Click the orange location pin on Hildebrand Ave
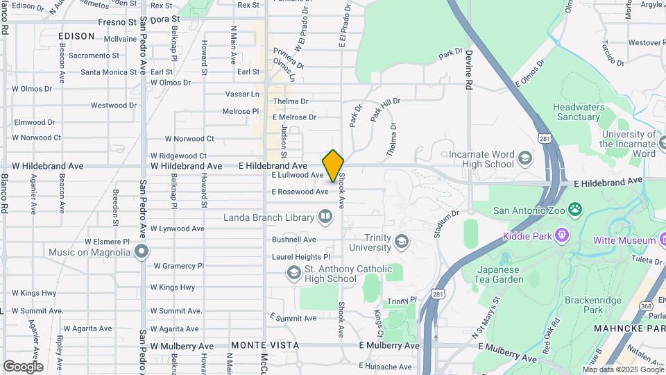[x=333, y=165]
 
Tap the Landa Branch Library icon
[x=324, y=218]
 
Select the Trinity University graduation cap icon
[x=401, y=242]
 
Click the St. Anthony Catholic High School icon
[x=293, y=274]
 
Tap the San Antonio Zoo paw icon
[x=574, y=209]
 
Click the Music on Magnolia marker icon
[x=142, y=251]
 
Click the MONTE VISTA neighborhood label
[x=265, y=345]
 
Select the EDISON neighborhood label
[x=76, y=35]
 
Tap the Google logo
[x=23, y=366]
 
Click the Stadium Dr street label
[x=446, y=224]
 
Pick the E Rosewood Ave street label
[x=300, y=192]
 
